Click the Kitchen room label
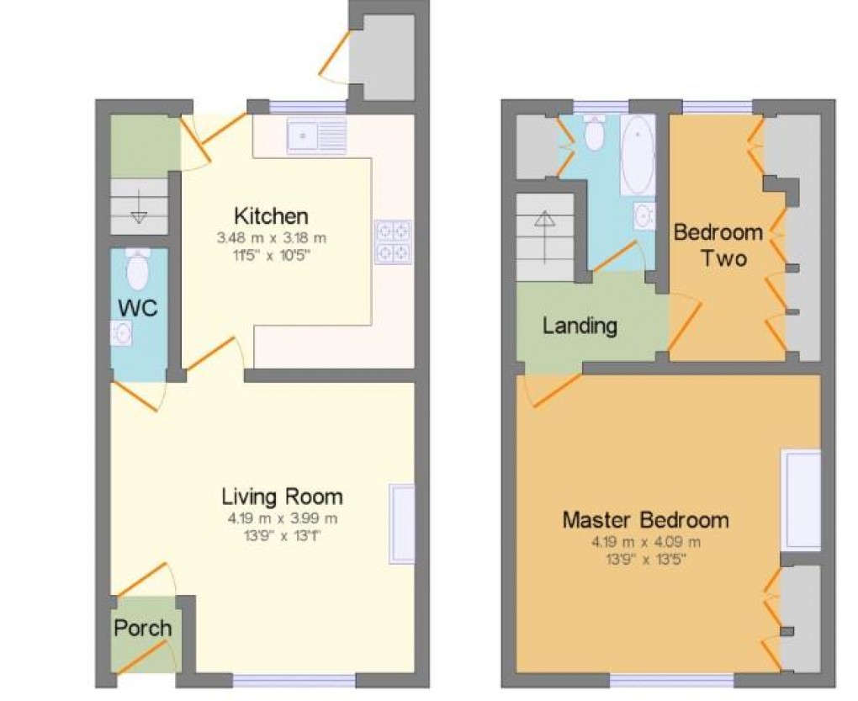tap(271, 215)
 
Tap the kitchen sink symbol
tap(316, 136)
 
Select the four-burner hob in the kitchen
tap(393, 241)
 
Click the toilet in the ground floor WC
tap(137, 268)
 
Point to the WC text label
tap(137, 307)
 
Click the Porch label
tap(143, 628)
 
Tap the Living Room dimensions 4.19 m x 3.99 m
tap(281, 518)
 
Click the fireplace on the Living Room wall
tap(401, 523)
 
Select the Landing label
tap(580, 326)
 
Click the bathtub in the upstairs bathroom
tap(637, 155)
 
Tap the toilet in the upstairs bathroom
tap(594, 135)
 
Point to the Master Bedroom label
tap(645, 519)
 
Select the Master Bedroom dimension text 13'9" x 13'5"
tap(645, 557)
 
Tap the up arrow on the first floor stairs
tap(545, 220)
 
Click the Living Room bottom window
tap(294, 679)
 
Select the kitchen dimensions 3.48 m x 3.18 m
tap(271, 238)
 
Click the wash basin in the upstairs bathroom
tap(645, 215)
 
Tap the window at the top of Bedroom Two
tap(717, 107)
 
